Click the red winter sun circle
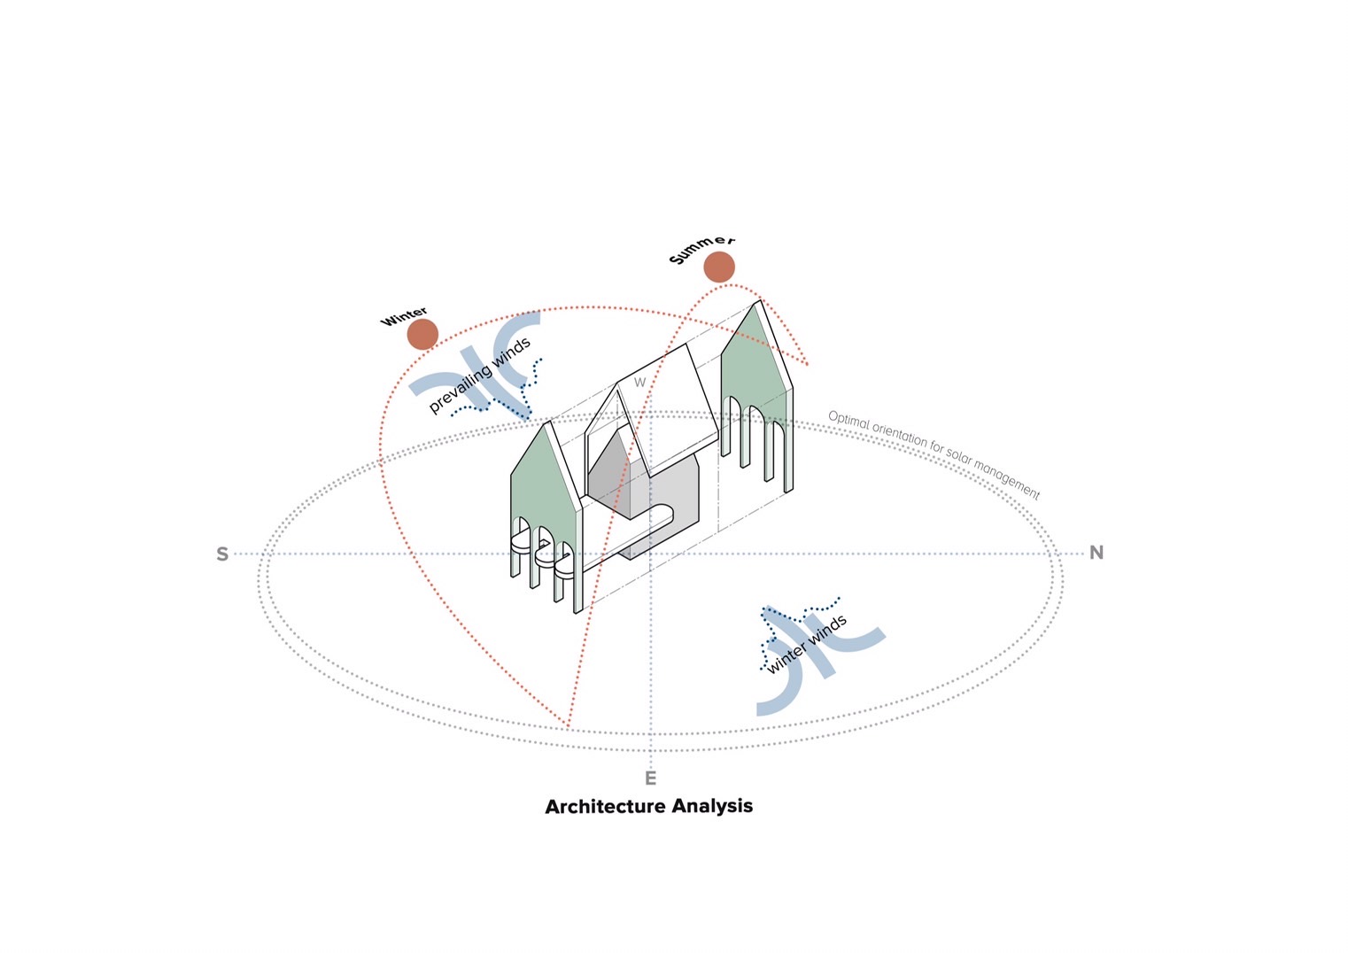pos(422,334)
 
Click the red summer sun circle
pos(719,267)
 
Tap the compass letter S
pos(222,554)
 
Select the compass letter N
pos(1096,553)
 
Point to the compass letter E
pos(651,779)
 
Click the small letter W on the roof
pos(639,383)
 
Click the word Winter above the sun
pos(404,316)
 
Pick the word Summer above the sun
pos(701,249)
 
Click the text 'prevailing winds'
pos(480,376)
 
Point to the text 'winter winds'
pos(807,645)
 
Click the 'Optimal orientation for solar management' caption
pos(934,454)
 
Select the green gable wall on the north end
pos(754,373)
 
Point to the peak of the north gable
pos(759,300)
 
